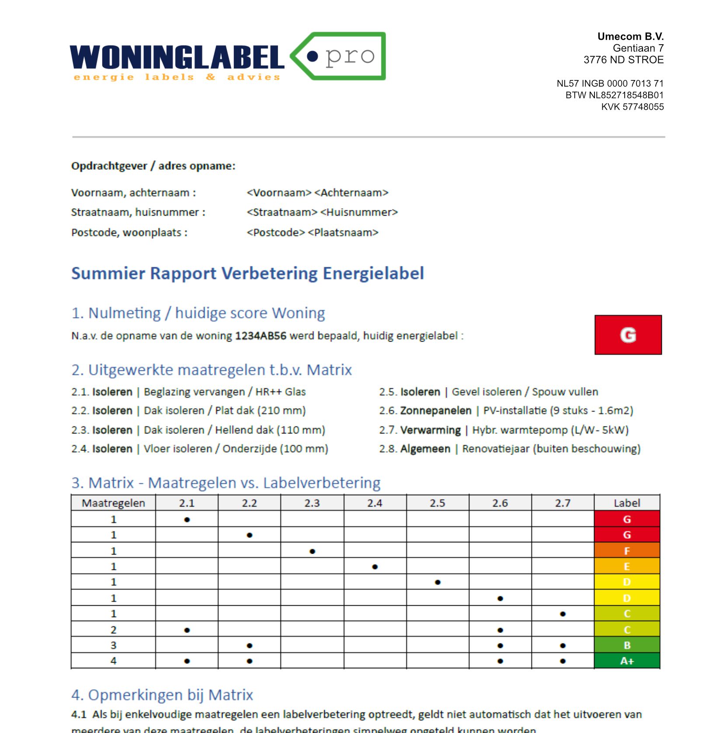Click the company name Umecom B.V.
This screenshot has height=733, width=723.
click(630, 36)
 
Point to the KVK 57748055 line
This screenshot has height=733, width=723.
click(632, 107)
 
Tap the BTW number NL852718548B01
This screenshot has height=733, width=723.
click(614, 95)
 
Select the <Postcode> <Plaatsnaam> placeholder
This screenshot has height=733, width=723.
click(312, 232)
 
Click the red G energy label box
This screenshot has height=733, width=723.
click(628, 335)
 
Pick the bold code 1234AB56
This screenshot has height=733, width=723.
click(261, 336)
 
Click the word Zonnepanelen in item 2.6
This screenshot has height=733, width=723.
click(436, 411)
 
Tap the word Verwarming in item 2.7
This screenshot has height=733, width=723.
click(430, 430)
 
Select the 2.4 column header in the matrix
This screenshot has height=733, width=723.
click(375, 503)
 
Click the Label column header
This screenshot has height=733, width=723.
click(626, 503)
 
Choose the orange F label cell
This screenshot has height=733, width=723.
click(626, 551)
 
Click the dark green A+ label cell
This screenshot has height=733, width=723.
click(626, 661)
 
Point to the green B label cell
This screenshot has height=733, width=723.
click(626, 645)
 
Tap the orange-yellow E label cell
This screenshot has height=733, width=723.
click(626, 566)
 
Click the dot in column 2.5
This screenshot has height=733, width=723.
click(438, 582)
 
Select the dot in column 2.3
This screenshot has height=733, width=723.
click(312, 551)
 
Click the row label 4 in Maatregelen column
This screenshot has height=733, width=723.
click(113, 661)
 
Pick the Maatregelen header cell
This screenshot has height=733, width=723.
click(113, 503)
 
